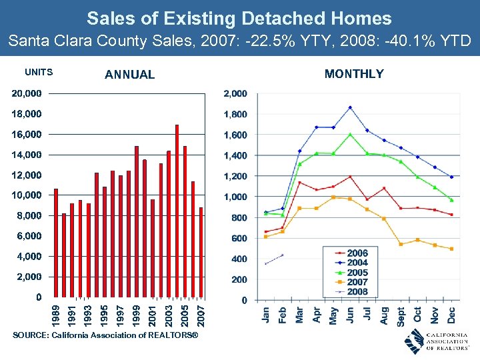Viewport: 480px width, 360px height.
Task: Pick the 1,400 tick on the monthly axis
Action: (x=235, y=155)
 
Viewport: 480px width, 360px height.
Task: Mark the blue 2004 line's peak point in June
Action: (x=350, y=107)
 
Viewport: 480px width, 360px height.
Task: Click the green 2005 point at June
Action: (x=350, y=135)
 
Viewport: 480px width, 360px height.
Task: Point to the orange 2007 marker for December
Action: (x=451, y=249)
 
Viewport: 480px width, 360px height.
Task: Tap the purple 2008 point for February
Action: (x=283, y=255)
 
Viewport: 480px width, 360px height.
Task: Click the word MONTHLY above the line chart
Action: (x=354, y=74)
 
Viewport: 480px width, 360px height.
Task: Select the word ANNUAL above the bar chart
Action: (x=129, y=75)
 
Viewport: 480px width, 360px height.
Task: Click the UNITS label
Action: (x=38, y=72)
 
